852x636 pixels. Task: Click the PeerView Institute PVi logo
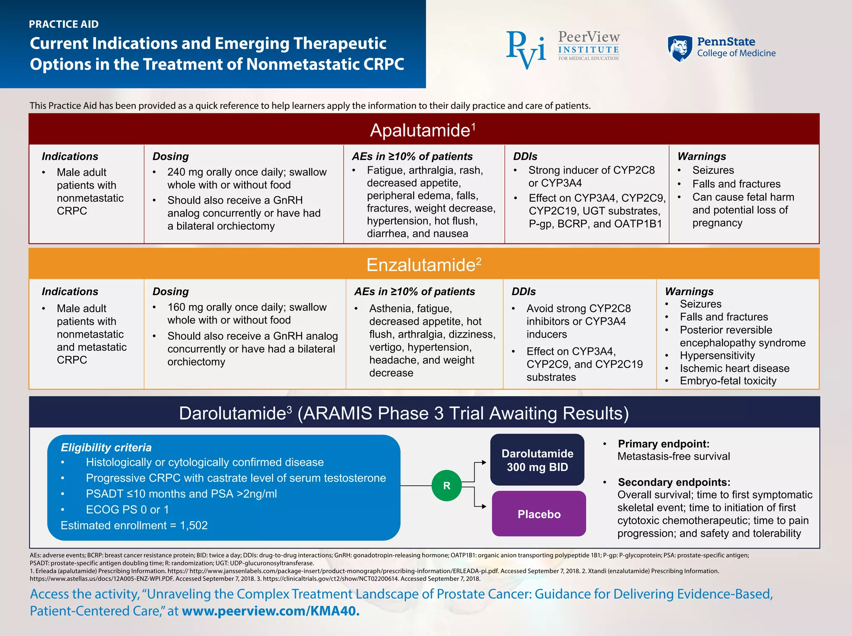(x=526, y=49)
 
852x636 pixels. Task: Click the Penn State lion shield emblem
(x=680, y=49)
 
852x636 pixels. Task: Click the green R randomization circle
(x=446, y=486)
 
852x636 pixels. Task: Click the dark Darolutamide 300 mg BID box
(x=537, y=460)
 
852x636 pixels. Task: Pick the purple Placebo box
(x=539, y=514)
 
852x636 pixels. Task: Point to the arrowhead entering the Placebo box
(x=483, y=506)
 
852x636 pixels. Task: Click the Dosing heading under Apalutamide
(x=171, y=156)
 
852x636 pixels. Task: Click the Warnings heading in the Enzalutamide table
(x=689, y=291)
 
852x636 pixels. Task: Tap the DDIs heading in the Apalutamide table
(x=525, y=156)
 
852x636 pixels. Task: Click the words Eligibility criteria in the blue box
(x=106, y=447)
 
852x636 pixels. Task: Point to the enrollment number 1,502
(x=194, y=525)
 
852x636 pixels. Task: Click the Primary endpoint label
(x=664, y=444)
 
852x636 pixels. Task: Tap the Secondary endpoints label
(x=674, y=482)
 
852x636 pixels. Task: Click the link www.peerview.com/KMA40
(x=270, y=611)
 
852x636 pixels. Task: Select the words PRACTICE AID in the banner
(x=64, y=24)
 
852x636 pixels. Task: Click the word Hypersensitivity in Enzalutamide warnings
(x=717, y=355)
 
